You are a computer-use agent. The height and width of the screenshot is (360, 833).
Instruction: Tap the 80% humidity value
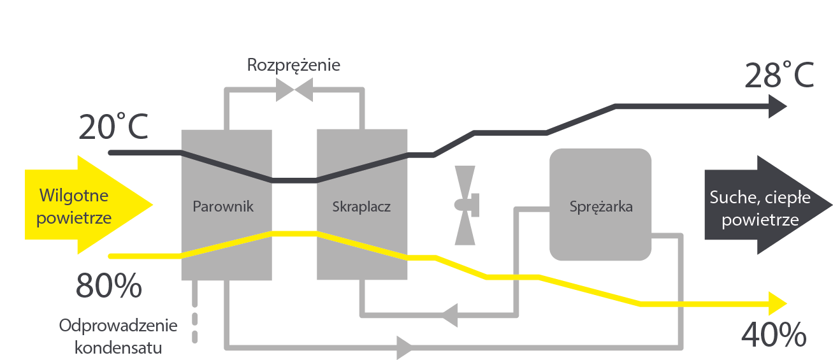click(108, 286)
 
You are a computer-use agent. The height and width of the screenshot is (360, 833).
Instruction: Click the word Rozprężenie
click(294, 66)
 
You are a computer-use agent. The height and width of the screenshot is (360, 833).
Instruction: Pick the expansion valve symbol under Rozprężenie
click(294, 89)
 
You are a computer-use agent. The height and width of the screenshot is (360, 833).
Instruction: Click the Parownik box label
click(223, 206)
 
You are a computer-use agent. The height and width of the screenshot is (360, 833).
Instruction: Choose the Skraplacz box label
click(361, 206)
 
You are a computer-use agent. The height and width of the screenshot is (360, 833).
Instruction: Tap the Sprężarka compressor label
click(601, 206)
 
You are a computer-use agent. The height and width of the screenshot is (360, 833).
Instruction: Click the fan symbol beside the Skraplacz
click(465, 205)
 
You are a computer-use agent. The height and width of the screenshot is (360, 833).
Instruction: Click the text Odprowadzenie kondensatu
click(119, 336)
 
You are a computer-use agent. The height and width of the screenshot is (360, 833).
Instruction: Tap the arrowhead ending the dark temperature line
click(779, 106)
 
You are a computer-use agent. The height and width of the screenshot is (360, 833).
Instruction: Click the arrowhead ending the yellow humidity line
click(779, 303)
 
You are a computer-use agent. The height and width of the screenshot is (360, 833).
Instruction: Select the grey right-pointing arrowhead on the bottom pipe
click(405, 347)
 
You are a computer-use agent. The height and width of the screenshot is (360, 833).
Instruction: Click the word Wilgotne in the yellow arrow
click(73, 195)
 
